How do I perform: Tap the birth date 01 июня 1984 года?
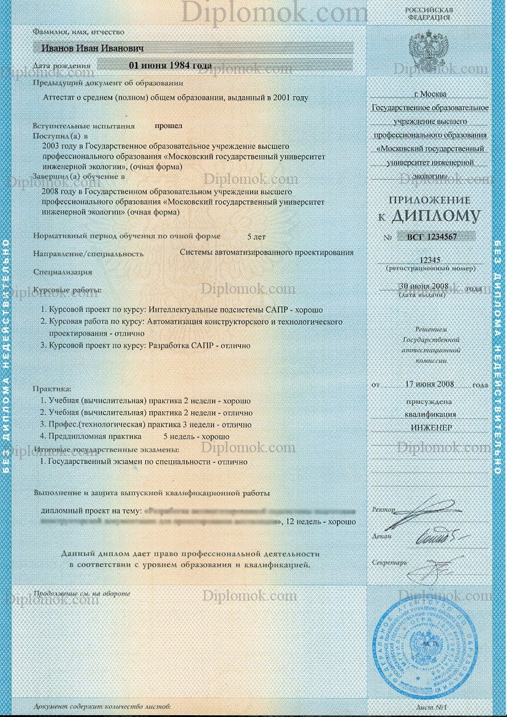pos(170,65)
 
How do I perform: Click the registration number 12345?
pos(429,260)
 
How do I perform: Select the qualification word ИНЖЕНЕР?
pos(432,427)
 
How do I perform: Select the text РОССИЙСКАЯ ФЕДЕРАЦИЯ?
pos(429,13)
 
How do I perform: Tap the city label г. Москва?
pos(430,94)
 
